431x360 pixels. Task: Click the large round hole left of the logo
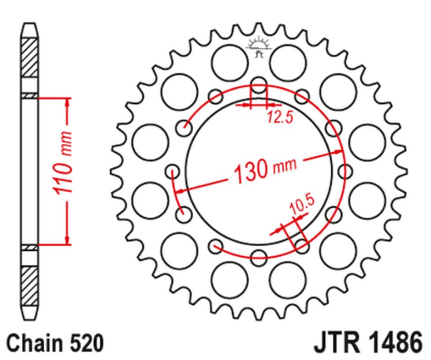(x=225, y=59)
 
